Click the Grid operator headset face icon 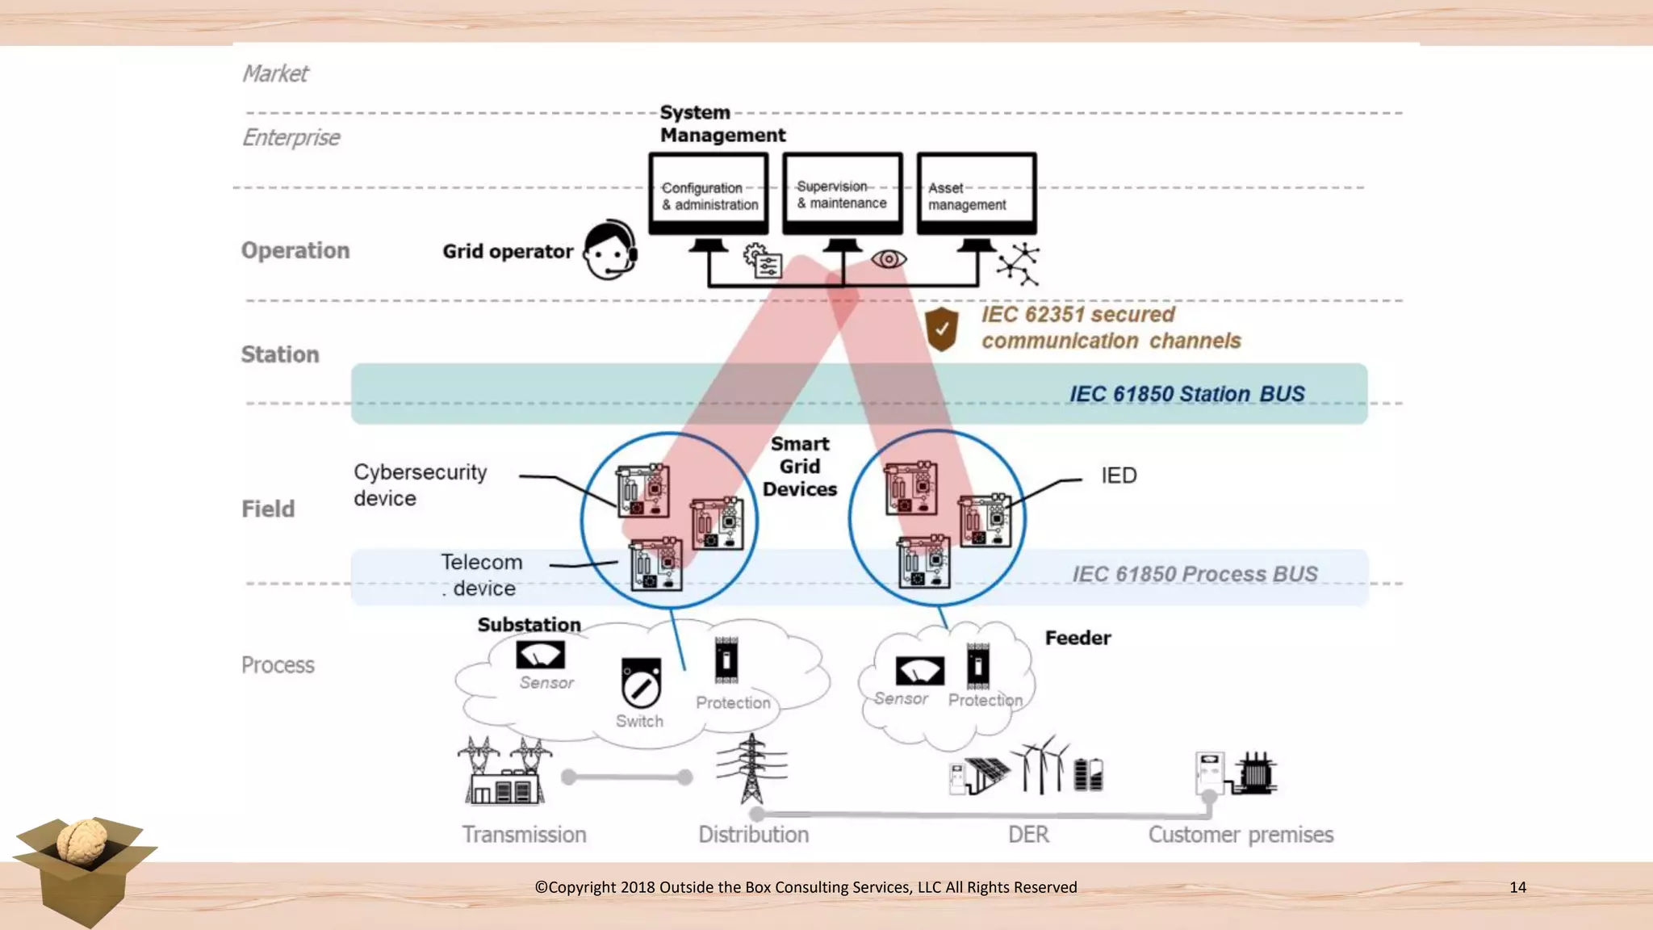610,250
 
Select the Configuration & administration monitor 709,194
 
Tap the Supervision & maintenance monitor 842,194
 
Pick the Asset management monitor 976,194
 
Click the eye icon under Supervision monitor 889,259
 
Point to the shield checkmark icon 941,329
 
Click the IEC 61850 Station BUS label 1186,394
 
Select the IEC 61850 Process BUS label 1195,574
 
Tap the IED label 1119,475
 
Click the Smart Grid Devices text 799,467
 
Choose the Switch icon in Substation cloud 641,683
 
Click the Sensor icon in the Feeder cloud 919,671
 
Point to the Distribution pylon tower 751,768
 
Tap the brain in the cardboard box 82,842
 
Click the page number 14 1517,887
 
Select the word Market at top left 275,73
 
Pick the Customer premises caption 1241,835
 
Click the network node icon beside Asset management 1019,264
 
